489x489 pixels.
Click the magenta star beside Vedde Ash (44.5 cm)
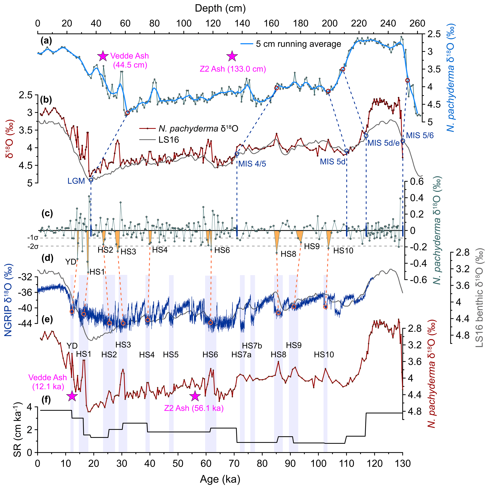[103, 56]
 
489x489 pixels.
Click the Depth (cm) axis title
[220, 9]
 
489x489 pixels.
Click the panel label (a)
[46, 40]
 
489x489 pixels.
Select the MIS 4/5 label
[252, 164]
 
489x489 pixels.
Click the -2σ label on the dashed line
[33, 246]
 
